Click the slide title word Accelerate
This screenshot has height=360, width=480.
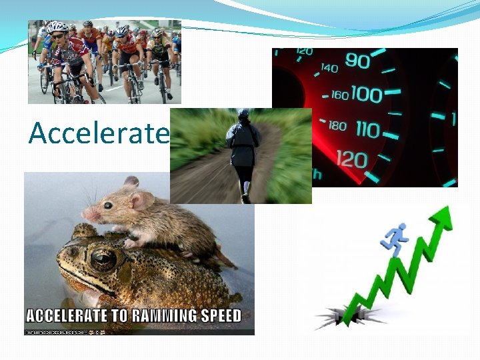pos(99,134)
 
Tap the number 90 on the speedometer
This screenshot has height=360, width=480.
pos(357,62)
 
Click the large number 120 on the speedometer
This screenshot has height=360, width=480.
pos(351,159)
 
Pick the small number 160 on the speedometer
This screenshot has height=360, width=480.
pos(339,95)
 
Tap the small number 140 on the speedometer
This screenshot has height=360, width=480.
pos(329,68)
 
